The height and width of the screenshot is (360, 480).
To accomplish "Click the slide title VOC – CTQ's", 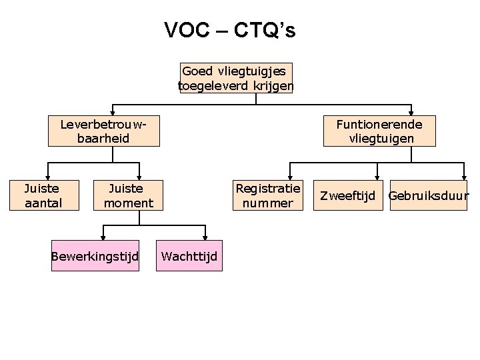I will pos(230,31).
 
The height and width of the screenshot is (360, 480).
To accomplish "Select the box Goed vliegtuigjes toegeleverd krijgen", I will pos(236,78).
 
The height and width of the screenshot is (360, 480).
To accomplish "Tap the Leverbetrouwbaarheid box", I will pos(103,131).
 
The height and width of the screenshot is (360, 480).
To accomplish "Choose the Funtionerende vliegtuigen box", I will pos(379,131).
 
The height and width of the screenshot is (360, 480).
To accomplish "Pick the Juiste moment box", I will pos(129,195).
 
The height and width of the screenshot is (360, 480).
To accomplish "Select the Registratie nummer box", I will pos(268,195).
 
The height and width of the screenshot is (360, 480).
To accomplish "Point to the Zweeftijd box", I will pos(349,196).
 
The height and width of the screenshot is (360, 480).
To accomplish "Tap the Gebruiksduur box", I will pos(429,196).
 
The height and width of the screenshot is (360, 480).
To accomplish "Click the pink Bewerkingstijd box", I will pos(95,256).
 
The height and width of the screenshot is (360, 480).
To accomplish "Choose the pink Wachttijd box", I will pos(189,256).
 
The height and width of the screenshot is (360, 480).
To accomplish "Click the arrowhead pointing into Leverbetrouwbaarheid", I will pos(113,113).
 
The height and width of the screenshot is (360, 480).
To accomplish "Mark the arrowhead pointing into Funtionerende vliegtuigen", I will pos(411,113).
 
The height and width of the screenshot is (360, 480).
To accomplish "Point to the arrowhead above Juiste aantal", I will pos(47,175).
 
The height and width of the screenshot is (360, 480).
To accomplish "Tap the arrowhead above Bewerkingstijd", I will pos(103,236).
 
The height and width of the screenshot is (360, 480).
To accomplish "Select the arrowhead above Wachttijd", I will pos(205,236).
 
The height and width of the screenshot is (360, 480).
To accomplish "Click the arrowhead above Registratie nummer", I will pos(288,175).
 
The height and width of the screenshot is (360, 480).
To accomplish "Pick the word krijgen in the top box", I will pos(275,85).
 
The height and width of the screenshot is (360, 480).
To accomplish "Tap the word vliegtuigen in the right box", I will pos(381,139).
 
